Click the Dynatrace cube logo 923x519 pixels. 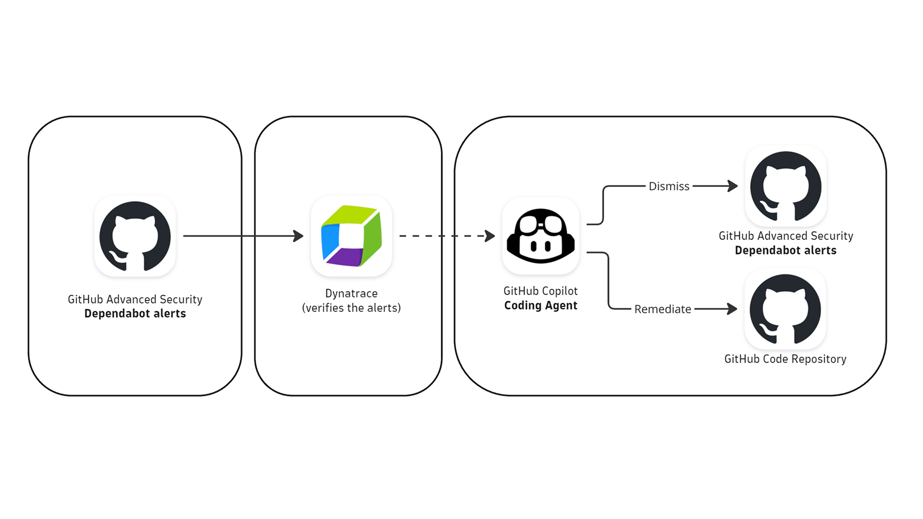click(x=351, y=236)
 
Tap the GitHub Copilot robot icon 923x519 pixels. click(x=541, y=236)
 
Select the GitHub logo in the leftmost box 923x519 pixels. click(x=135, y=236)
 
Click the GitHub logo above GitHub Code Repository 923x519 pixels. click(x=786, y=309)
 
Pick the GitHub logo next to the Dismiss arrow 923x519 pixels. click(x=786, y=186)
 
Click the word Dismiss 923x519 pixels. click(x=669, y=186)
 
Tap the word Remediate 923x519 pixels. click(x=662, y=309)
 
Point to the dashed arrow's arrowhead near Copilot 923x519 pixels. click(x=490, y=236)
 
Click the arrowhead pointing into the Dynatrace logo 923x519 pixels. click(x=299, y=236)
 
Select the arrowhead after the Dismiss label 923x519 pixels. click(x=733, y=186)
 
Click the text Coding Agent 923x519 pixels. click(x=541, y=306)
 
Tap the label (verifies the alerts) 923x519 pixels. click(x=351, y=308)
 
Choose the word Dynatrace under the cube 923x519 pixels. click(x=351, y=293)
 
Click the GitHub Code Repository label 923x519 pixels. click(x=786, y=359)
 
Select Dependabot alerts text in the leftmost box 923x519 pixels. click(x=135, y=314)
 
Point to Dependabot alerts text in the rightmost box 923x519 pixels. click(x=786, y=250)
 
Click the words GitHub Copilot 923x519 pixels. click(x=541, y=291)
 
